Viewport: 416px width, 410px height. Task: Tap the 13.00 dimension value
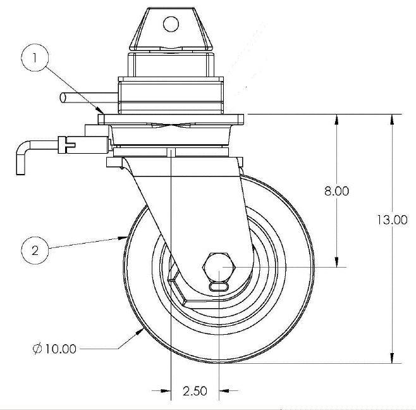coord(392,220)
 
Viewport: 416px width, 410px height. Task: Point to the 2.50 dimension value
coord(195,391)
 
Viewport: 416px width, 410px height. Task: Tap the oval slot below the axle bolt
coord(219,287)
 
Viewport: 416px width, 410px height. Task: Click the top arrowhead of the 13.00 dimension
coord(394,118)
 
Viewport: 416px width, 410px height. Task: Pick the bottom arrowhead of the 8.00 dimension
coord(337,263)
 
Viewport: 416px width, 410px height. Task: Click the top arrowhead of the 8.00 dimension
coord(337,118)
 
